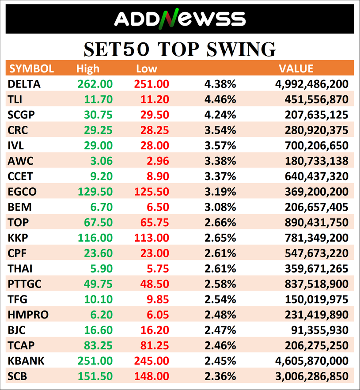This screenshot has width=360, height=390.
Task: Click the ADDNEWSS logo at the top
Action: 180,19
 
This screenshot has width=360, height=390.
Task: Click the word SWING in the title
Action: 241,49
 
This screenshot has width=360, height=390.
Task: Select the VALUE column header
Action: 296,68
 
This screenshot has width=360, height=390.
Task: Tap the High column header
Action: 88,68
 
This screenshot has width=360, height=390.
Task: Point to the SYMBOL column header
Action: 31,68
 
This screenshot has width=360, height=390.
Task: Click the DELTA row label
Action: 24,84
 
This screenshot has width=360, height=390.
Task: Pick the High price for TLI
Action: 98,99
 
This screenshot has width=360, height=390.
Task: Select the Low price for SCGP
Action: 155,115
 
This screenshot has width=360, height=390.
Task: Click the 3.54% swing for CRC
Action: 220,130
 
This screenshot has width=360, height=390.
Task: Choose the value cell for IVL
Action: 316,145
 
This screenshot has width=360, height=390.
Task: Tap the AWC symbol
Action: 20,161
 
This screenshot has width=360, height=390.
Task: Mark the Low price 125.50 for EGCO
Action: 152,192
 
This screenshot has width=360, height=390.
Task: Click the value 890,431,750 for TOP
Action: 316,222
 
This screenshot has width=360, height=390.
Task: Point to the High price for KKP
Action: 95,238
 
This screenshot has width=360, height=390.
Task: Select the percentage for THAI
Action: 220,269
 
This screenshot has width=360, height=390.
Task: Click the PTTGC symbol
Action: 25,284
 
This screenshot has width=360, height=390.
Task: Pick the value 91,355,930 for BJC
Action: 320,330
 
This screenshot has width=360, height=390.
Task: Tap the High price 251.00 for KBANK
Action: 95,361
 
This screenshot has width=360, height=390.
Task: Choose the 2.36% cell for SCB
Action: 220,376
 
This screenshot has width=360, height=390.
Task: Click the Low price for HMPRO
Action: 158,314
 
